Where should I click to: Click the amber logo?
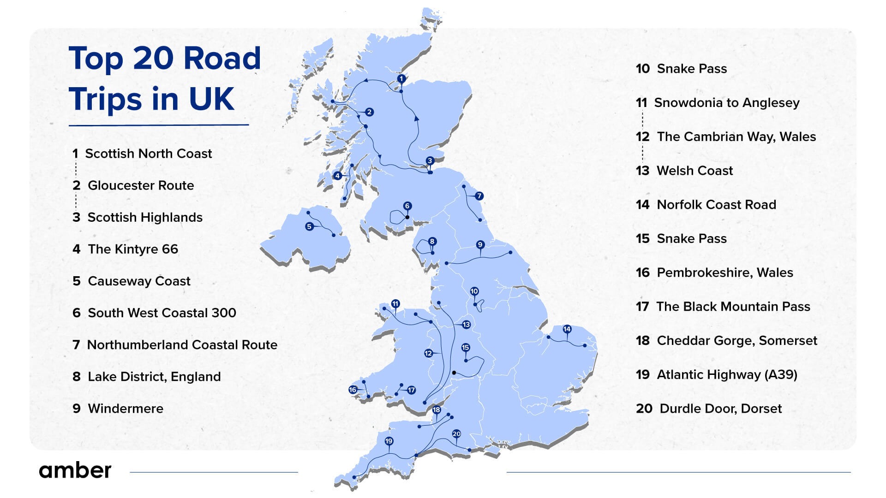coord(75,470)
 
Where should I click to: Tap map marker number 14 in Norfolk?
coord(567,329)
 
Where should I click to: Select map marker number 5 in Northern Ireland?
coord(309,226)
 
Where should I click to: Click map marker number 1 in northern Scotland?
coord(401,79)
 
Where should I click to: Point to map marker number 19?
coord(389,441)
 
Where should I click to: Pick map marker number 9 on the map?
coord(480,244)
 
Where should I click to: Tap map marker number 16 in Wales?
coord(353,390)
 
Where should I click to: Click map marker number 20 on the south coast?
coord(456,434)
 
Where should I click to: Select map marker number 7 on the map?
coord(479,196)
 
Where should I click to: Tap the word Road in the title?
coord(222,59)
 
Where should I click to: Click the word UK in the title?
coord(211,99)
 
